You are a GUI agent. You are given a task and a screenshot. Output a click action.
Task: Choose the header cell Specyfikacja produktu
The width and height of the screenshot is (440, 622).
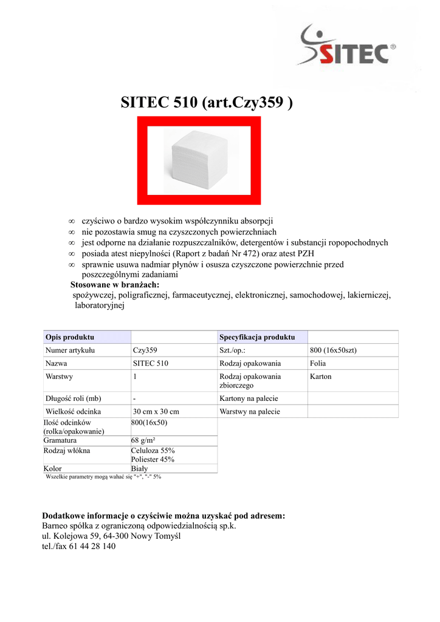point(257,337)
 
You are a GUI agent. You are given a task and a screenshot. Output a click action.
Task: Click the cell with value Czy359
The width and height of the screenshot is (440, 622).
point(145,350)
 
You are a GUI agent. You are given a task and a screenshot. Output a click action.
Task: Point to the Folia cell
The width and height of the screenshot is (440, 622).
point(318,363)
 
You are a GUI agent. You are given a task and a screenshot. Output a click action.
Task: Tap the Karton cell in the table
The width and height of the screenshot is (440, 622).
point(321,377)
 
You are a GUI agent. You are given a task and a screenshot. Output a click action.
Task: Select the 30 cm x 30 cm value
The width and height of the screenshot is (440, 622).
point(156,411)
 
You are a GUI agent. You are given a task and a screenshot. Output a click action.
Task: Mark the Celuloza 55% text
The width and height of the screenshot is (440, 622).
point(153,450)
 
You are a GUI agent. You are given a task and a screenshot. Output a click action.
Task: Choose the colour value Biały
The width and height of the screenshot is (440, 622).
point(139,468)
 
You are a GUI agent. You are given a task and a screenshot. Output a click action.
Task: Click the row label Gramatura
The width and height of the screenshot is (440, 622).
point(60,440)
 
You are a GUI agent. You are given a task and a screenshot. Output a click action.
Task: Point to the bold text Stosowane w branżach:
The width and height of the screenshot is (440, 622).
point(115,285)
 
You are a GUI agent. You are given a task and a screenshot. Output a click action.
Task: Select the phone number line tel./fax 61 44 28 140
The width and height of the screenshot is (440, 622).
point(78,546)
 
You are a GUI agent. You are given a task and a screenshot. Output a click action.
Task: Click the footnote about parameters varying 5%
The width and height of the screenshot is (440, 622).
point(103,477)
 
